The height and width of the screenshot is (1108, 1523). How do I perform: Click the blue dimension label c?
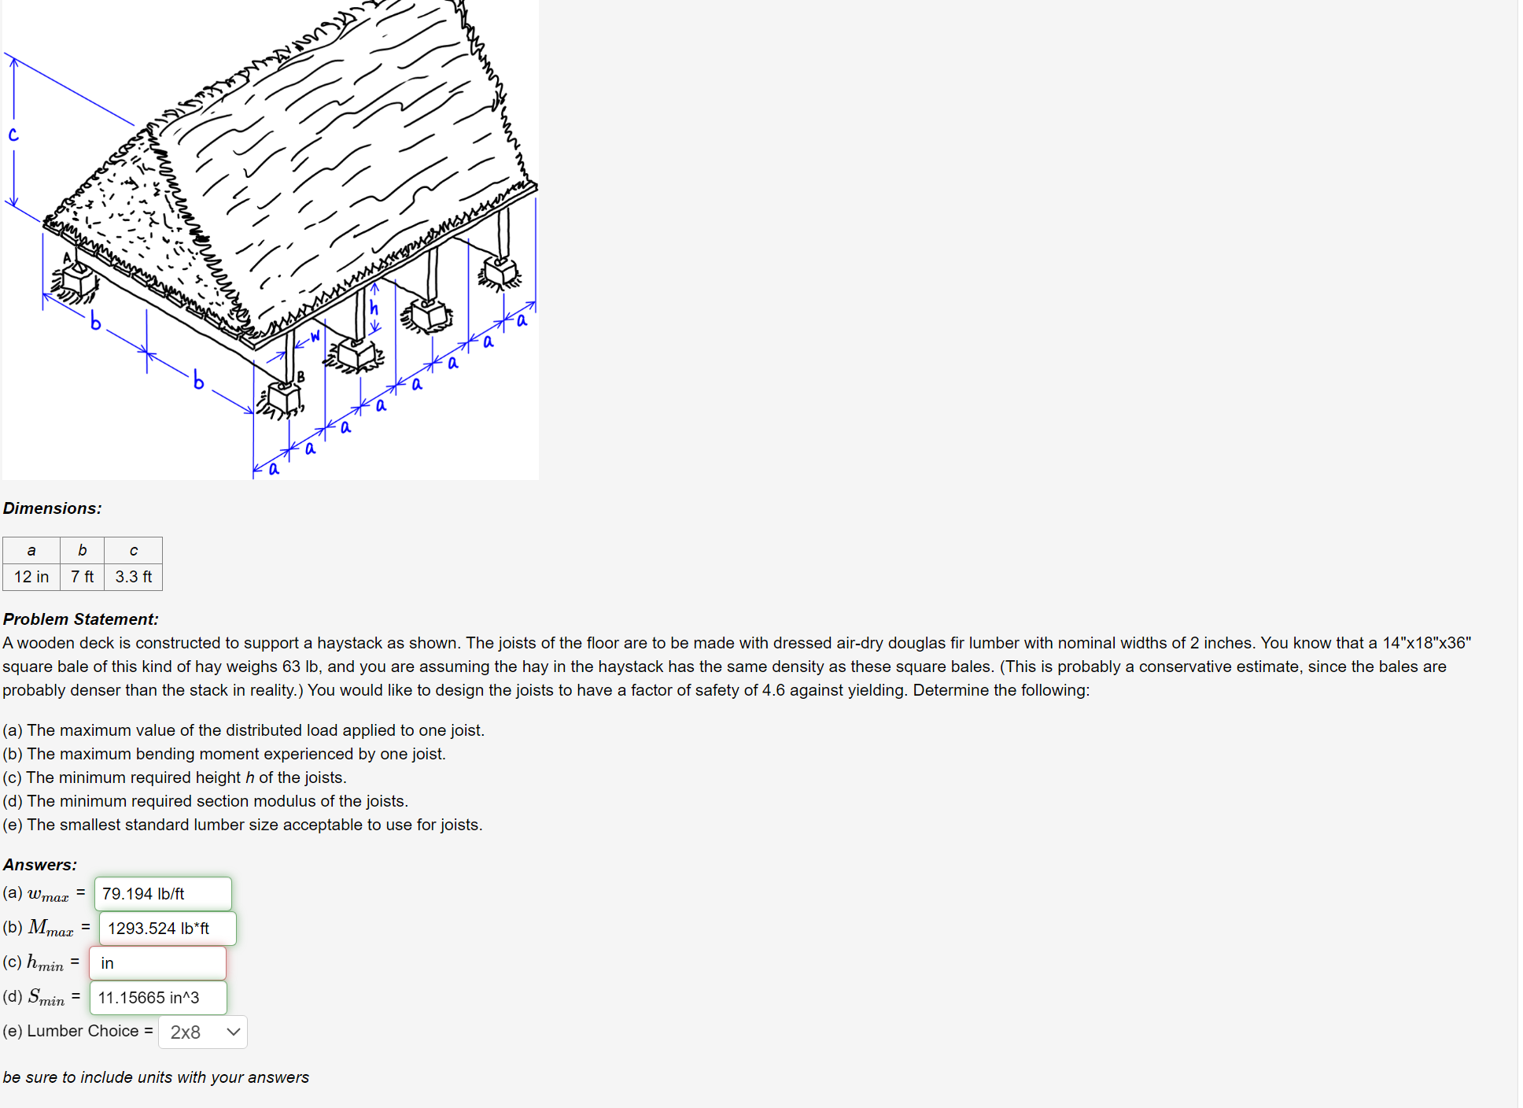click(x=13, y=135)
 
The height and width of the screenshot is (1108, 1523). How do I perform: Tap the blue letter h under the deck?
click(x=374, y=308)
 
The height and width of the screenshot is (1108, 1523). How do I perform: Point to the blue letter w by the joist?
click(x=315, y=336)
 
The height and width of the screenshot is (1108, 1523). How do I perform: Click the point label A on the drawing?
click(x=67, y=257)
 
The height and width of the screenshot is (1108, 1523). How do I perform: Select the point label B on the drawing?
click(x=301, y=377)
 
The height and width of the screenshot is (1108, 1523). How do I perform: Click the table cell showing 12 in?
click(x=31, y=577)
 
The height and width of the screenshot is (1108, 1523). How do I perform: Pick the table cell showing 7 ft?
click(x=82, y=577)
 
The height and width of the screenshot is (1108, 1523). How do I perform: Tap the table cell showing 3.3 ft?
click(x=134, y=577)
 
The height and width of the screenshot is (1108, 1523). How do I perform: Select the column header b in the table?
click(x=82, y=550)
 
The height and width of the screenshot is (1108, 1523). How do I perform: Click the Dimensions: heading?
click(x=53, y=508)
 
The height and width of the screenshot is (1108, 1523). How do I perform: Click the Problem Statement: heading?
click(x=81, y=619)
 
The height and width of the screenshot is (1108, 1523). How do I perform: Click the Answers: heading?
click(x=40, y=865)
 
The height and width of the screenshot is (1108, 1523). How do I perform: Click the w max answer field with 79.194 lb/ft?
click(x=163, y=894)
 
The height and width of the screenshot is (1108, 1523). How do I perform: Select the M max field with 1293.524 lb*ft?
click(x=168, y=929)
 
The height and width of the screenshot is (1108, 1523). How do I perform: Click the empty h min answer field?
click(x=158, y=963)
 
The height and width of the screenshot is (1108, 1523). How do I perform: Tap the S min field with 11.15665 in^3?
click(x=158, y=998)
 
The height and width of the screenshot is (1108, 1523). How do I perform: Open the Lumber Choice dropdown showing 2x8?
click(x=203, y=1032)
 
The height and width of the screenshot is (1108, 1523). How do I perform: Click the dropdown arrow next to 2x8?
click(x=233, y=1032)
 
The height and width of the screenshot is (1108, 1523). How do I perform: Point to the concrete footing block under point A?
click(x=77, y=280)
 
